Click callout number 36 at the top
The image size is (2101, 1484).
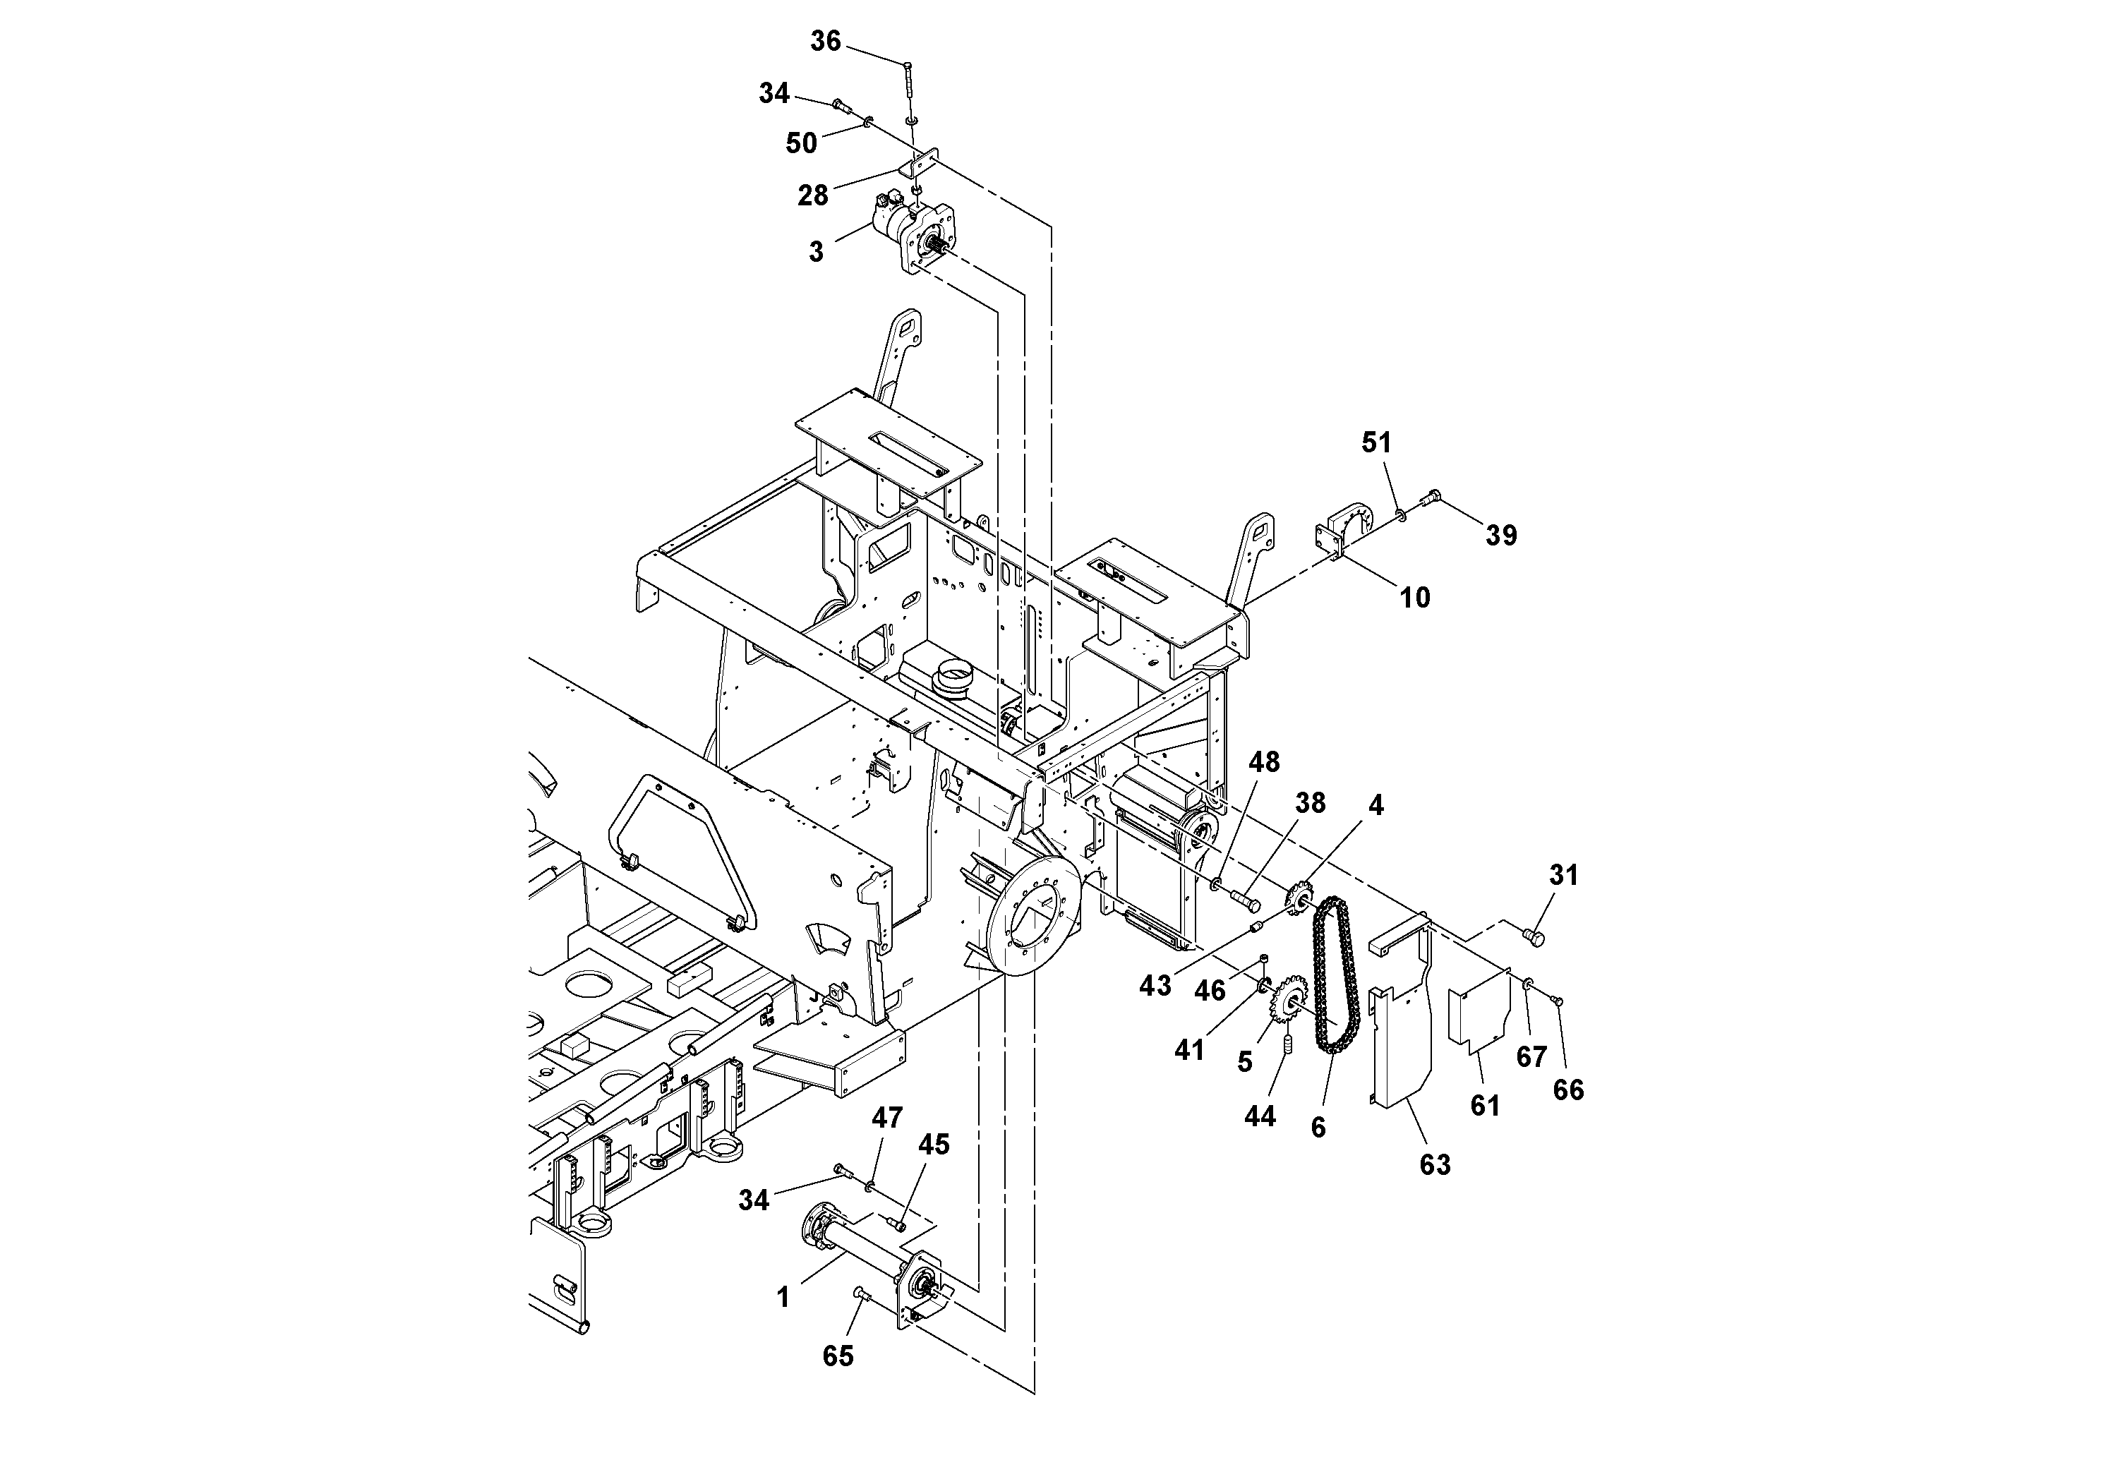pos(826,41)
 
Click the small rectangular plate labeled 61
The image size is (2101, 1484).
pos(1477,1016)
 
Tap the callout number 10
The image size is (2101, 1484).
pos(1415,598)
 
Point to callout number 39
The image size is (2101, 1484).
pos(1500,535)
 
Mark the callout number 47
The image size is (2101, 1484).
pos(886,1117)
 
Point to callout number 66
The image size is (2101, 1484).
pos(1568,1090)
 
